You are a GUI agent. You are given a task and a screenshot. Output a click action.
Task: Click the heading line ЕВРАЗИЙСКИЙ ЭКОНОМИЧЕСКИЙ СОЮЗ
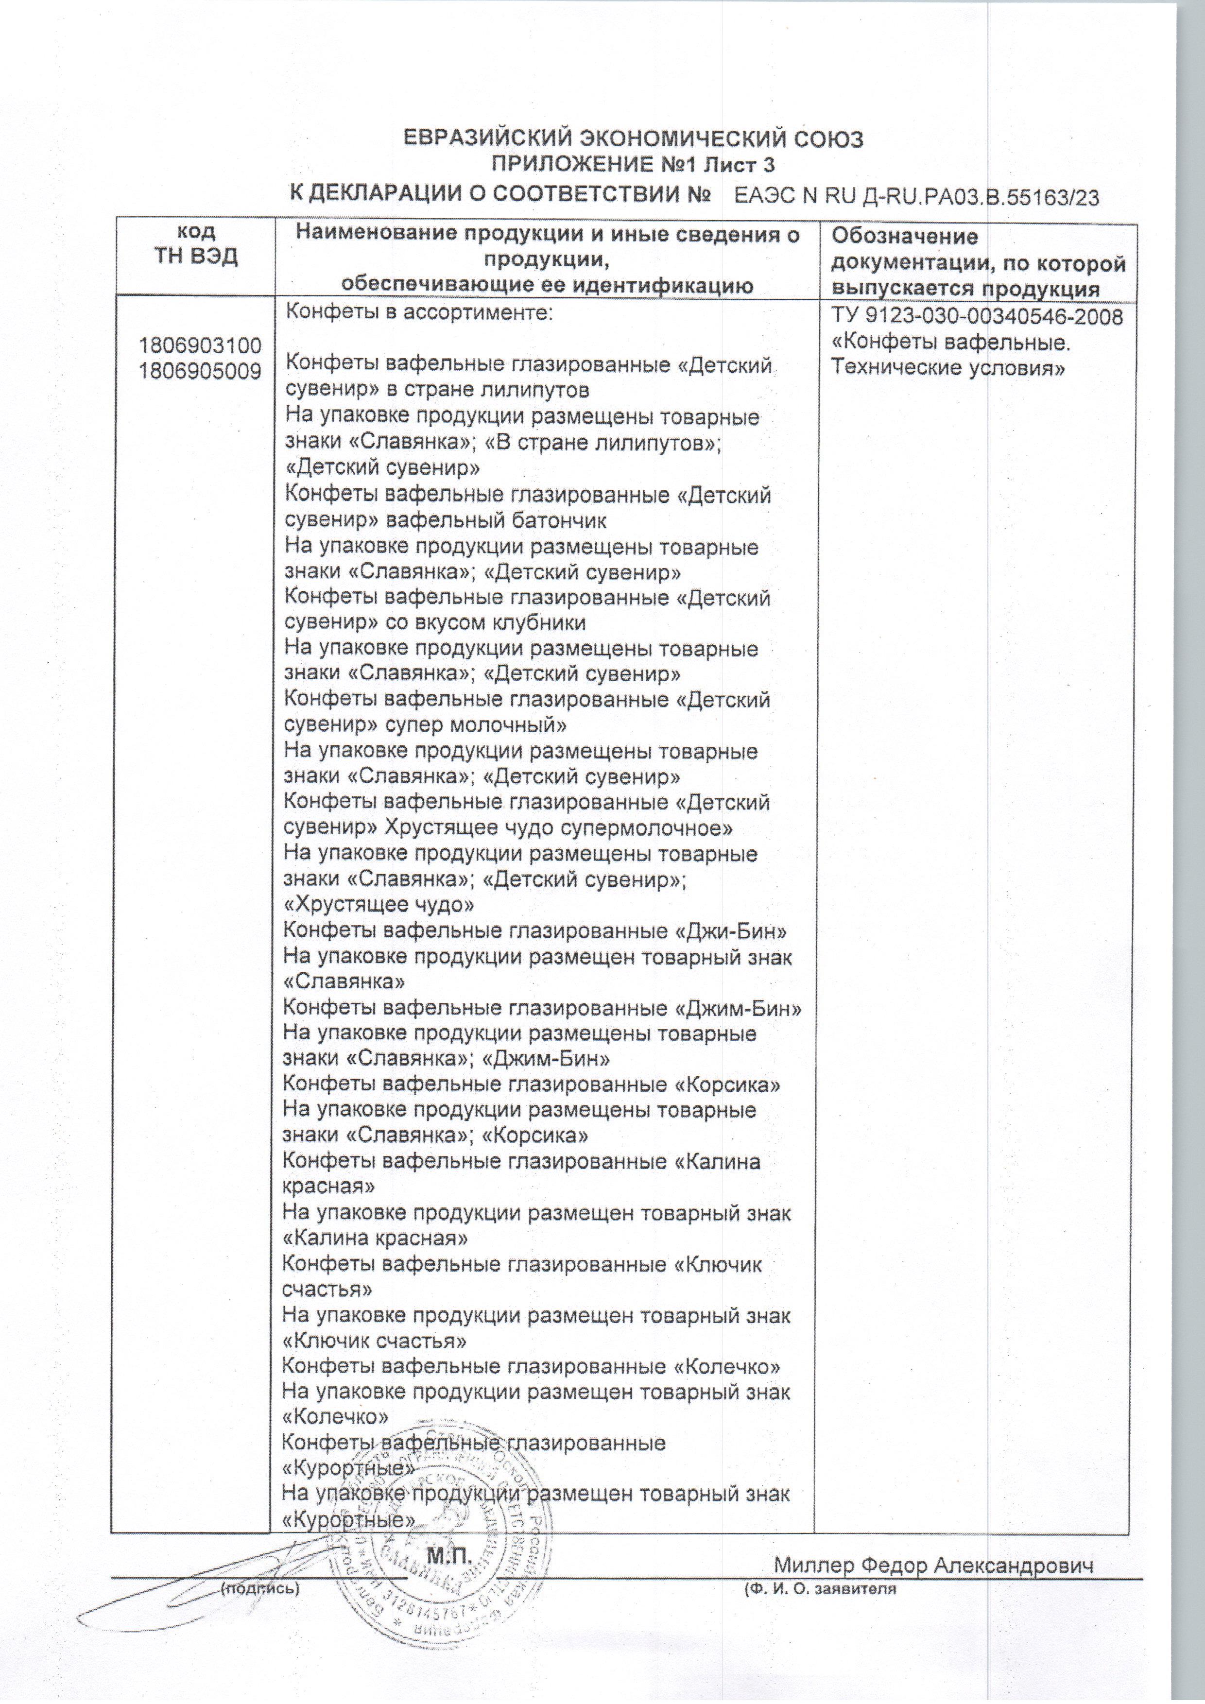[632, 139]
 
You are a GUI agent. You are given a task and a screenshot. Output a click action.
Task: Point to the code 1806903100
[200, 345]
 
